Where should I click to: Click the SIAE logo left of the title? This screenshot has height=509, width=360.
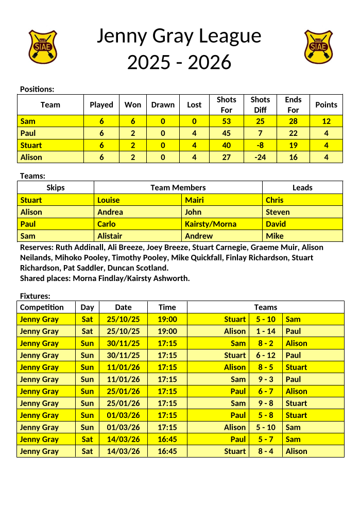coord(42,46)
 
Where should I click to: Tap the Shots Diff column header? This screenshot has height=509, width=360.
coord(260,104)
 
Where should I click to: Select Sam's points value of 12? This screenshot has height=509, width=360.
coord(326,121)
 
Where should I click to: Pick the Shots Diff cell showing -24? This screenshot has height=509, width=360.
coord(260,157)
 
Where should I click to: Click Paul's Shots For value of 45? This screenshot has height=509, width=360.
coord(226,133)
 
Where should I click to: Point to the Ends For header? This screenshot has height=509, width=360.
coord(293,104)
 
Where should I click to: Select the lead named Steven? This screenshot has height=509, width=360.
coord(278,212)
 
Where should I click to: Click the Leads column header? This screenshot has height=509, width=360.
coord(302,188)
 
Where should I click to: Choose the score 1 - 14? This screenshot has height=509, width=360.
coord(265,331)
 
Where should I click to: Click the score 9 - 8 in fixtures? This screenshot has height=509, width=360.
coord(265,403)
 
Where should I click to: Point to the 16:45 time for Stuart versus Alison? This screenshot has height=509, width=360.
coord(167,451)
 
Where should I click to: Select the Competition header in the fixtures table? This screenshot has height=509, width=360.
coord(42,307)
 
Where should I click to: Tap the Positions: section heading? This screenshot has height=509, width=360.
coord(37,89)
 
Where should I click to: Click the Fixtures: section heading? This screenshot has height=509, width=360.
coord(35,296)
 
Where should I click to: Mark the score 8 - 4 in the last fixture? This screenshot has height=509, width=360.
coord(265,451)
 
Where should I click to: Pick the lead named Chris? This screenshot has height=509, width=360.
coord(275,200)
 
